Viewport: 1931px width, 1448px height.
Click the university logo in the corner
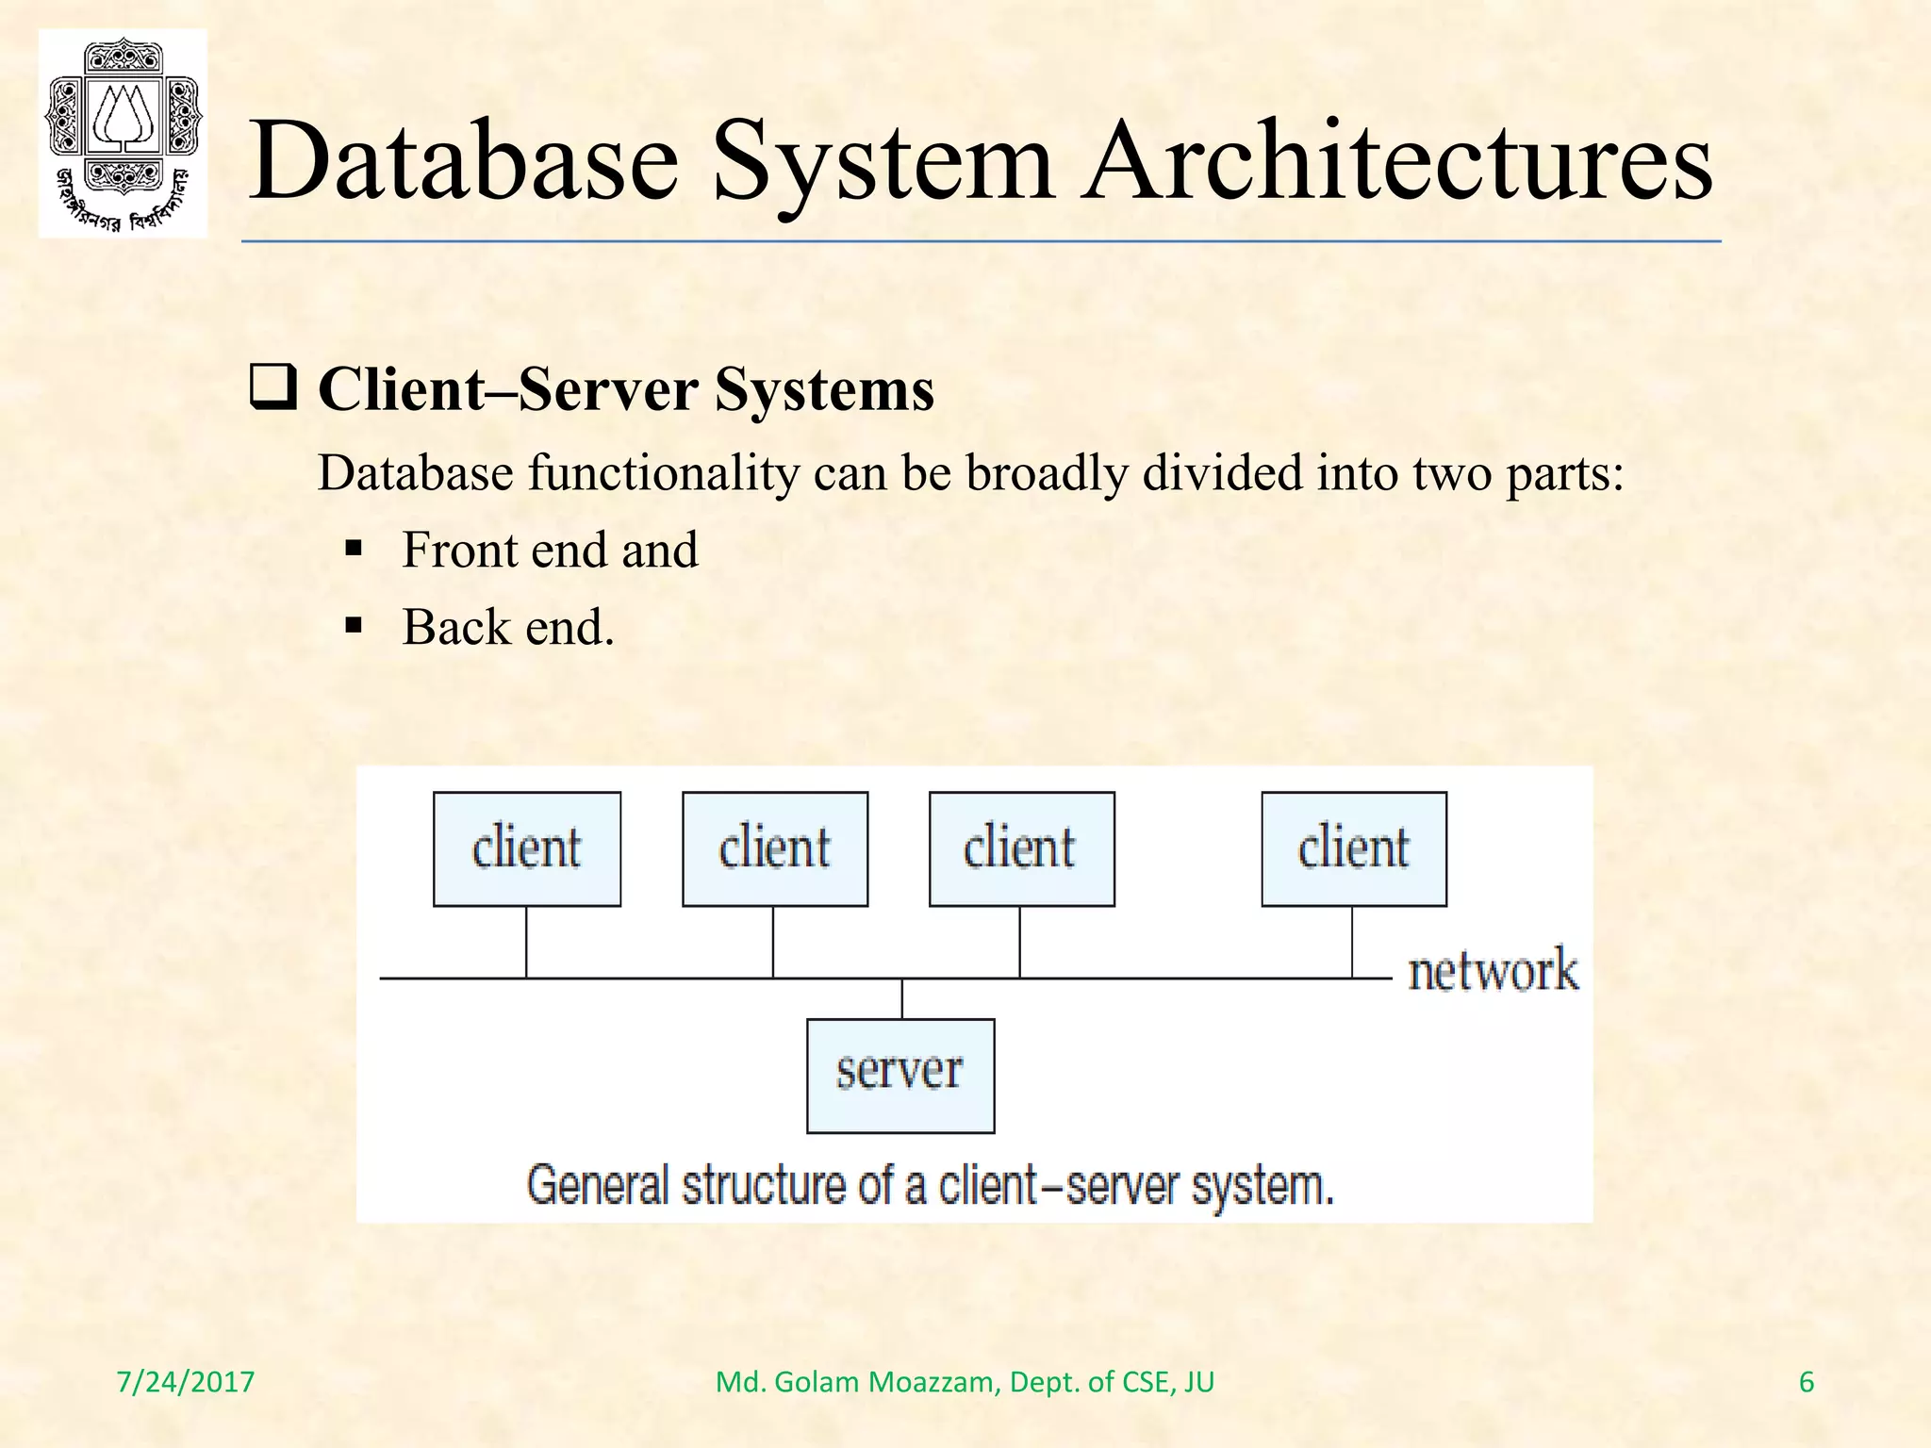[123, 133]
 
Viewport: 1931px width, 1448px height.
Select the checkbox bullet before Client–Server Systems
[273, 388]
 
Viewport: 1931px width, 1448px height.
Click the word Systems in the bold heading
[824, 388]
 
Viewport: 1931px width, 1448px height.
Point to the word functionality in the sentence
[663, 472]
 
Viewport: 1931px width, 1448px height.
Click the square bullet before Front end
[355, 548]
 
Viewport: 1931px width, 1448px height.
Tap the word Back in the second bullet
[455, 627]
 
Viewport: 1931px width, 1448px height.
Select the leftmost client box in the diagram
[526, 848]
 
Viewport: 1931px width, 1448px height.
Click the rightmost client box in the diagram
[1353, 848]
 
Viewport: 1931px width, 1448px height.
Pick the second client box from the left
[774, 848]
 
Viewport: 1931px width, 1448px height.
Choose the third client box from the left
[1021, 848]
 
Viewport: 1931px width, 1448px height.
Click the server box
[900, 1075]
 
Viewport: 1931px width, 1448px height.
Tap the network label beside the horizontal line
[1492, 971]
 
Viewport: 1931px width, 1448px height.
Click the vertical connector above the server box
[902, 999]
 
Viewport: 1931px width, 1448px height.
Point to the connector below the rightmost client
[1352, 942]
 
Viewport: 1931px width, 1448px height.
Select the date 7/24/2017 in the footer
[185, 1382]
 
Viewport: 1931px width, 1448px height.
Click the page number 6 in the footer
[1806, 1382]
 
